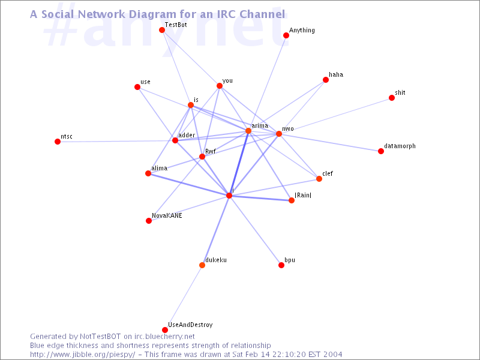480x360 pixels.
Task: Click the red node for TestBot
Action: [x=162, y=29]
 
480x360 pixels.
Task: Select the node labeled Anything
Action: [x=286, y=35]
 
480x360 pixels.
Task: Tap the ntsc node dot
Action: [x=57, y=142]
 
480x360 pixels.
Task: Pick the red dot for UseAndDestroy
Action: [x=164, y=329]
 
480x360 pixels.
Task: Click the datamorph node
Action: [x=381, y=151]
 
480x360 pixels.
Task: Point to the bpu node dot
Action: [x=281, y=265]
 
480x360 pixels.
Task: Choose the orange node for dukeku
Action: [x=202, y=265]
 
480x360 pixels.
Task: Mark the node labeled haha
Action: [x=326, y=80]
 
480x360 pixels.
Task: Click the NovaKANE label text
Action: [x=167, y=215]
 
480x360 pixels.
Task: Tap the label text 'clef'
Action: [x=327, y=173]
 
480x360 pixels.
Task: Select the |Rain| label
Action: [x=303, y=196]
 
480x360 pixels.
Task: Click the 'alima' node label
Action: [x=159, y=168]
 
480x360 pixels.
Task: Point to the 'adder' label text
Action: [x=187, y=136]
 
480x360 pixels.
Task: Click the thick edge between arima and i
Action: [x=239, y=163]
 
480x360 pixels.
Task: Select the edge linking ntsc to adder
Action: [x=116, y=141]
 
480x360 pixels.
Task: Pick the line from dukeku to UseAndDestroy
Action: [x=184, y=297]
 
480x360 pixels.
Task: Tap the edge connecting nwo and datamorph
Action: [x=329, y=142]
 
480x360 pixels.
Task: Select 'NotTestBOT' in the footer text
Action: [x=100, y=337]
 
